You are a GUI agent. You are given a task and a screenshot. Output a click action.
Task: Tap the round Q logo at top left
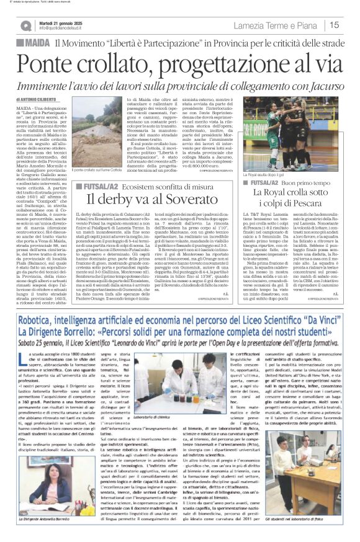point(25,25)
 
